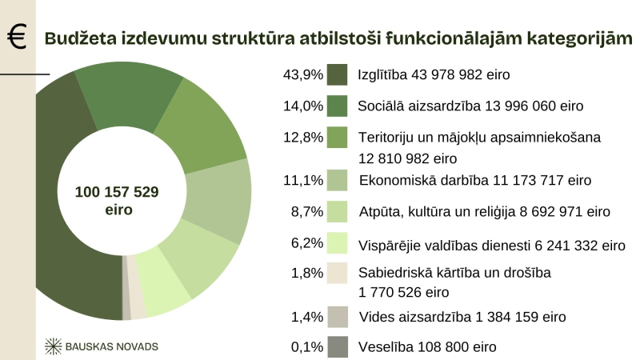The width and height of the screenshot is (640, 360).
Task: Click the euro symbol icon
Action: (x=15, y=37)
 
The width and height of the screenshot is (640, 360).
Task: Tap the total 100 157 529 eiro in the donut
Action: (x=117, y=201)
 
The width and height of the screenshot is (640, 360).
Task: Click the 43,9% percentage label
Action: (x=303, y=74)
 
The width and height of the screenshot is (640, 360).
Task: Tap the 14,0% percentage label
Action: (x=303, y=106)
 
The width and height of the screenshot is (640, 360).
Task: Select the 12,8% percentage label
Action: (x=303, y=137)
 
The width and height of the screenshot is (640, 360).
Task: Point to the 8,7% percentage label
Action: (x=306, y=212)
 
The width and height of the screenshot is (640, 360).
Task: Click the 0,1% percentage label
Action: (x=306, y=347)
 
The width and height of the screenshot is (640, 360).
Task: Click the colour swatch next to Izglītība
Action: (x=337, y=74)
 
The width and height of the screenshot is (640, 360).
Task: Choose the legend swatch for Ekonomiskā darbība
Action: (x=337, y=181)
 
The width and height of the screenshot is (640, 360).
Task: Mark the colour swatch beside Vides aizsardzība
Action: (x=337, y=317)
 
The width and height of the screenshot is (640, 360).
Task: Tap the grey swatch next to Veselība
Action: (x=337, y=347)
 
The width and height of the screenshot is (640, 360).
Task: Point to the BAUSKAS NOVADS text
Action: (x=113, y=346)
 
